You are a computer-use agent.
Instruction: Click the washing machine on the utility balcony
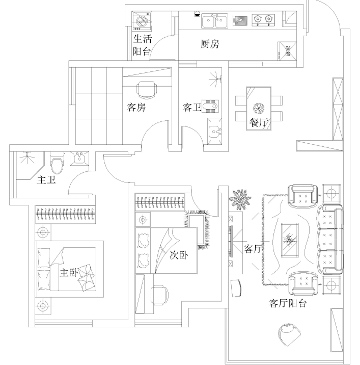(142, 21)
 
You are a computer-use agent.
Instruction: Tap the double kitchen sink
(214, 21)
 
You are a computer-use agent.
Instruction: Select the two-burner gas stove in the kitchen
(263, 20)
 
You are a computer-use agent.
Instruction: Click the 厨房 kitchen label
(210, 44)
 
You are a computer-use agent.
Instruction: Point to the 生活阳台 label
(143, 45)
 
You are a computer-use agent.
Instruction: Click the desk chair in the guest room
(147, 90)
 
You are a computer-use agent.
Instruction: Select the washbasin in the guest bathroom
(215, 132)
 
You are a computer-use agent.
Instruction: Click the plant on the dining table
(259, 108)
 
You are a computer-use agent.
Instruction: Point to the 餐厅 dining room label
(259, 122)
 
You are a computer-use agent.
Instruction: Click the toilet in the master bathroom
(57, 163)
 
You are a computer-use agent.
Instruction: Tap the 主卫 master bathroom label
(46, 180)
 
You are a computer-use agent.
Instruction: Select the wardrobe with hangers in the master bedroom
(65, 214)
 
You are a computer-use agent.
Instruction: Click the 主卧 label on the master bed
(69, 272)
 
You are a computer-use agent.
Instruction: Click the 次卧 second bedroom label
(179, 255)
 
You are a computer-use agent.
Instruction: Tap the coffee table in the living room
(290, 240)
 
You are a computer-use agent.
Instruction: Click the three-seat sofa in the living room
(330, 240)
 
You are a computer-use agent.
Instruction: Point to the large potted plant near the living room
(240, 199)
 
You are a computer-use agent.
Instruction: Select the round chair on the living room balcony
(289, 335)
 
